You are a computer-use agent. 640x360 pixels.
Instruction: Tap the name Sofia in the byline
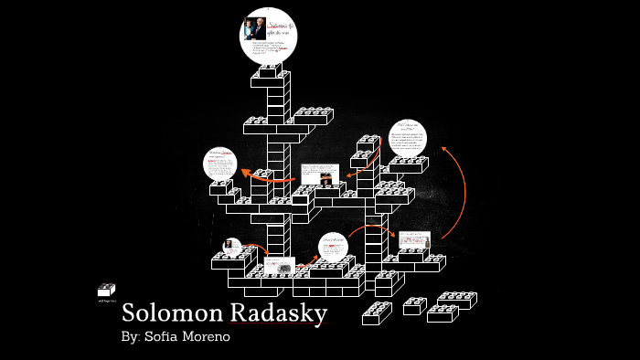pos(165,336)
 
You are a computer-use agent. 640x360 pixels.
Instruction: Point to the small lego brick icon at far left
pos(106,290)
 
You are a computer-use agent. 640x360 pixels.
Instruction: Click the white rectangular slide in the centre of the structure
pos(320,174)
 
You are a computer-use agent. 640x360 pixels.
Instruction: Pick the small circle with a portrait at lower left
pos(232,247)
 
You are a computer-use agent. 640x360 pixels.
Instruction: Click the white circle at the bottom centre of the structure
pos(334,248)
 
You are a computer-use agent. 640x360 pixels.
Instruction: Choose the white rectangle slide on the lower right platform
pos(414,240)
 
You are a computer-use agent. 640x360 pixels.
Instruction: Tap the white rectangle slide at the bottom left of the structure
pos(278,267)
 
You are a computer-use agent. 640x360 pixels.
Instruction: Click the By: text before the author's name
pos(132,336)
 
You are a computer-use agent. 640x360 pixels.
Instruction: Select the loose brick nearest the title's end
pos(377,313)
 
